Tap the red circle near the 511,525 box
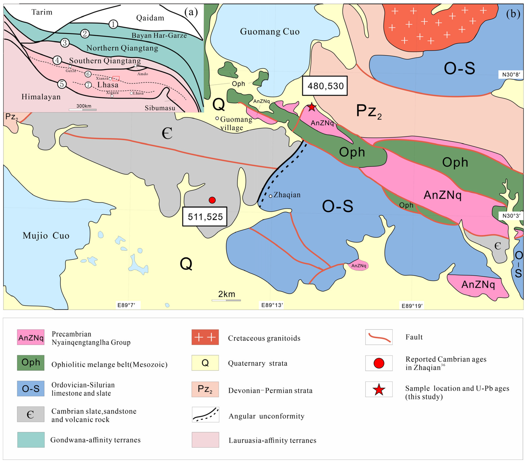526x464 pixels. [212, 200]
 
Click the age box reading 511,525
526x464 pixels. [205, 217]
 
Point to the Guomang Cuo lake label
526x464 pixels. [270, 32]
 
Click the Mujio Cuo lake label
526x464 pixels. [46, 235]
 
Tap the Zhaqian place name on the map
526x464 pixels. [287, 195]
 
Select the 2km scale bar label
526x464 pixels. [226, 294]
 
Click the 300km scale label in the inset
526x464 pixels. [84, 106]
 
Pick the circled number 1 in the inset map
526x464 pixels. [113, 24]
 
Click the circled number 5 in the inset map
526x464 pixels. [62, 84]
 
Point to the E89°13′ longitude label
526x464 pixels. [272, 305]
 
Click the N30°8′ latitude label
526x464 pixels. [511, 75]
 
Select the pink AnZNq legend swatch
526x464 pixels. [31, 337]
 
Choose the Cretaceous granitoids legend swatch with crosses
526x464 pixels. [205, 337]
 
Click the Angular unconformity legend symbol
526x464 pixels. [205, 415]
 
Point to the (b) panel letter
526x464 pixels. [513, 14]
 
